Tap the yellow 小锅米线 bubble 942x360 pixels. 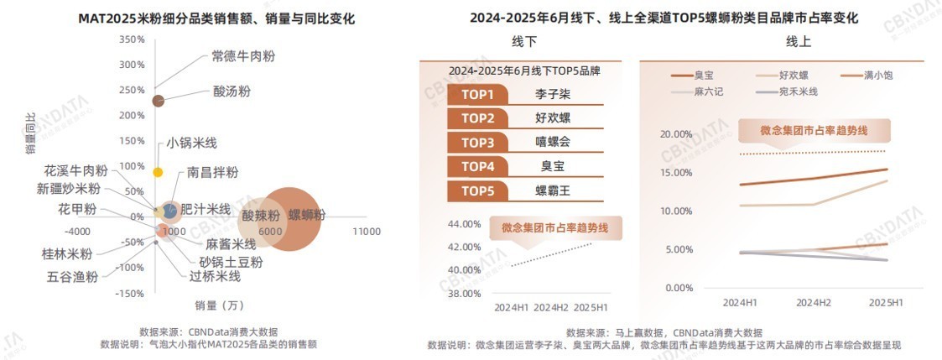coord(158,172)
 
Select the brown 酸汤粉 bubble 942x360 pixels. coord(158,101)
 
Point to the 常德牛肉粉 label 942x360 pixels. coord(242,56)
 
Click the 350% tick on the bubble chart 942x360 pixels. coord(132,39)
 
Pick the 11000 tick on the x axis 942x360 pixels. coord(366,231)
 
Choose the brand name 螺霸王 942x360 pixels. coord(553,190)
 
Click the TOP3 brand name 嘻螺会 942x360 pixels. coord(553,142)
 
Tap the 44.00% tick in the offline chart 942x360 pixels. coord(464,224)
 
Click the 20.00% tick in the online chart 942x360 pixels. coord(676,134)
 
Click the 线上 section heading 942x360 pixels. coord(798,42)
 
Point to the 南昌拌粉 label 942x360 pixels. coord(212,173)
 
